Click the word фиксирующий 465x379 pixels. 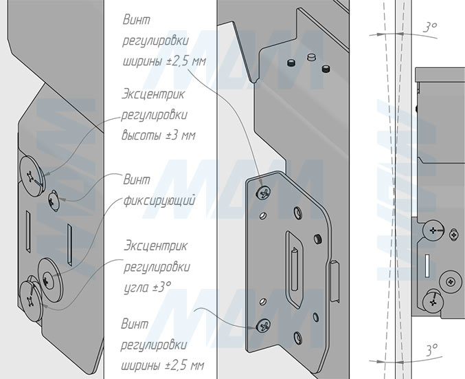click(x=159, y=200)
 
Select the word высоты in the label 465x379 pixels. click(x=140, y=135)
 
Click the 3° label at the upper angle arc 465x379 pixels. click(x=430, y=28)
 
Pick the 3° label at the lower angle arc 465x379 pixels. click(x=432, y=350)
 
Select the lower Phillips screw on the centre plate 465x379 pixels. click(x=263, y=326)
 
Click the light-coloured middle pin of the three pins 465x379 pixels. click(x=310, y=56)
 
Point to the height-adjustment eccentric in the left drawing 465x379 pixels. click(x=32, y=176)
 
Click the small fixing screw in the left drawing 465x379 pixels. click(x=54, y=200)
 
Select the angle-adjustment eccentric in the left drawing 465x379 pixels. click(x=31, y=301)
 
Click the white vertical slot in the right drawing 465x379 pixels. click(x=427, y=266)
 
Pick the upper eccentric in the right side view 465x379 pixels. click(x=433, y=230)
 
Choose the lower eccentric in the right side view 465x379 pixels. click(x=433, y=303)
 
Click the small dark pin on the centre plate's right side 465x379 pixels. click(x=318, y=239)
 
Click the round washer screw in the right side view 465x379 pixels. click(x=451, y=281)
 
